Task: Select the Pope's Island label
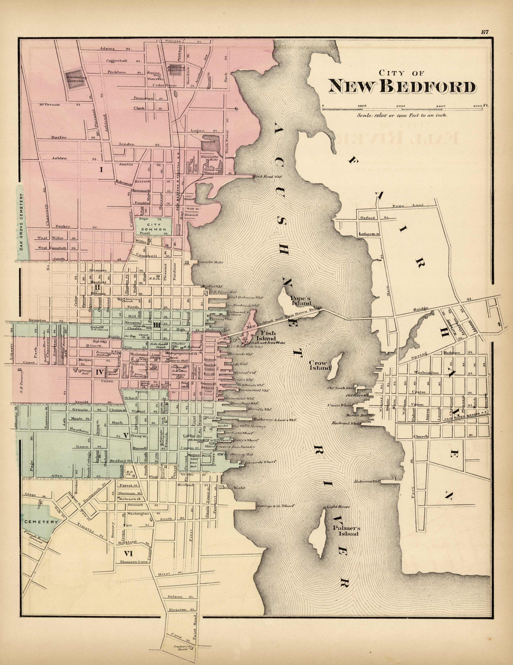pos(301,301)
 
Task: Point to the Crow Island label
pos(320,365)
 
